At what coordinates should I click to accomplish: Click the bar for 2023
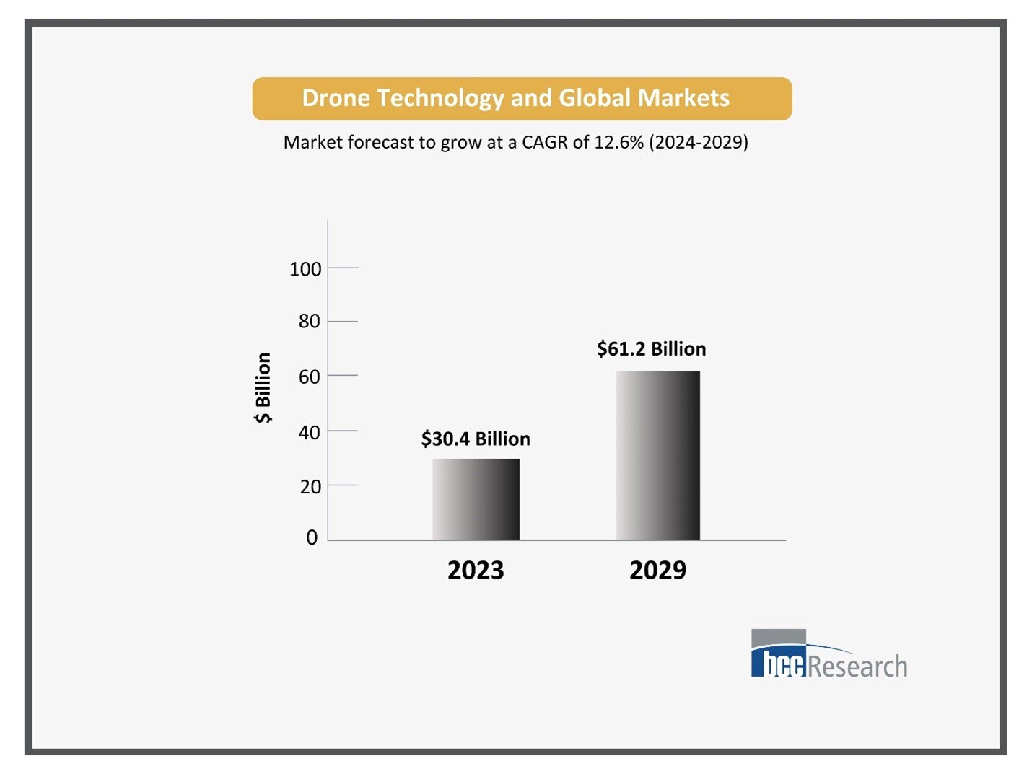[x=476, y=499]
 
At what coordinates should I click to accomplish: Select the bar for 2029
[x=657, y=455]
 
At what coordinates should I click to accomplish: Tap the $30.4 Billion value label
[x=476, y=439]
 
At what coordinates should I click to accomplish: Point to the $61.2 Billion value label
[x=651, y=349]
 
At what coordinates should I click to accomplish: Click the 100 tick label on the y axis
[x=305, y=269]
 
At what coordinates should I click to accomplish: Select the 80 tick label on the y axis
[x=309, y=321]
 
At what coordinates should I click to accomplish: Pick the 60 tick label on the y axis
[x=309, y=377]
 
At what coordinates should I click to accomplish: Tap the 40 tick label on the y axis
[x=309, y=432]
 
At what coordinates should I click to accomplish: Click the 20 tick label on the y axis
[x=310, y=487]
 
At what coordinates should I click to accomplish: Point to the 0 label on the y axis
[x=312, y=537]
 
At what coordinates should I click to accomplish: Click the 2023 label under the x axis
[x=476, y=571]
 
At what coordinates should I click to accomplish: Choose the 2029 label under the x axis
[x=657, y=571]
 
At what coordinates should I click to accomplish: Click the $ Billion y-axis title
[x=263, y=388]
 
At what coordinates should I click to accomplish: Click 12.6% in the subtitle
[x=618, y=142]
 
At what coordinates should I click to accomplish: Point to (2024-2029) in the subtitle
[x=699, y=142]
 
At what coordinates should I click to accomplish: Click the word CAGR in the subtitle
[x=545, y=142]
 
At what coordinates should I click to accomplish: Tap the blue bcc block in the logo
[x=778, y=663]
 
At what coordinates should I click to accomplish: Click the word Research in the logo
[x=857, y=666]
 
